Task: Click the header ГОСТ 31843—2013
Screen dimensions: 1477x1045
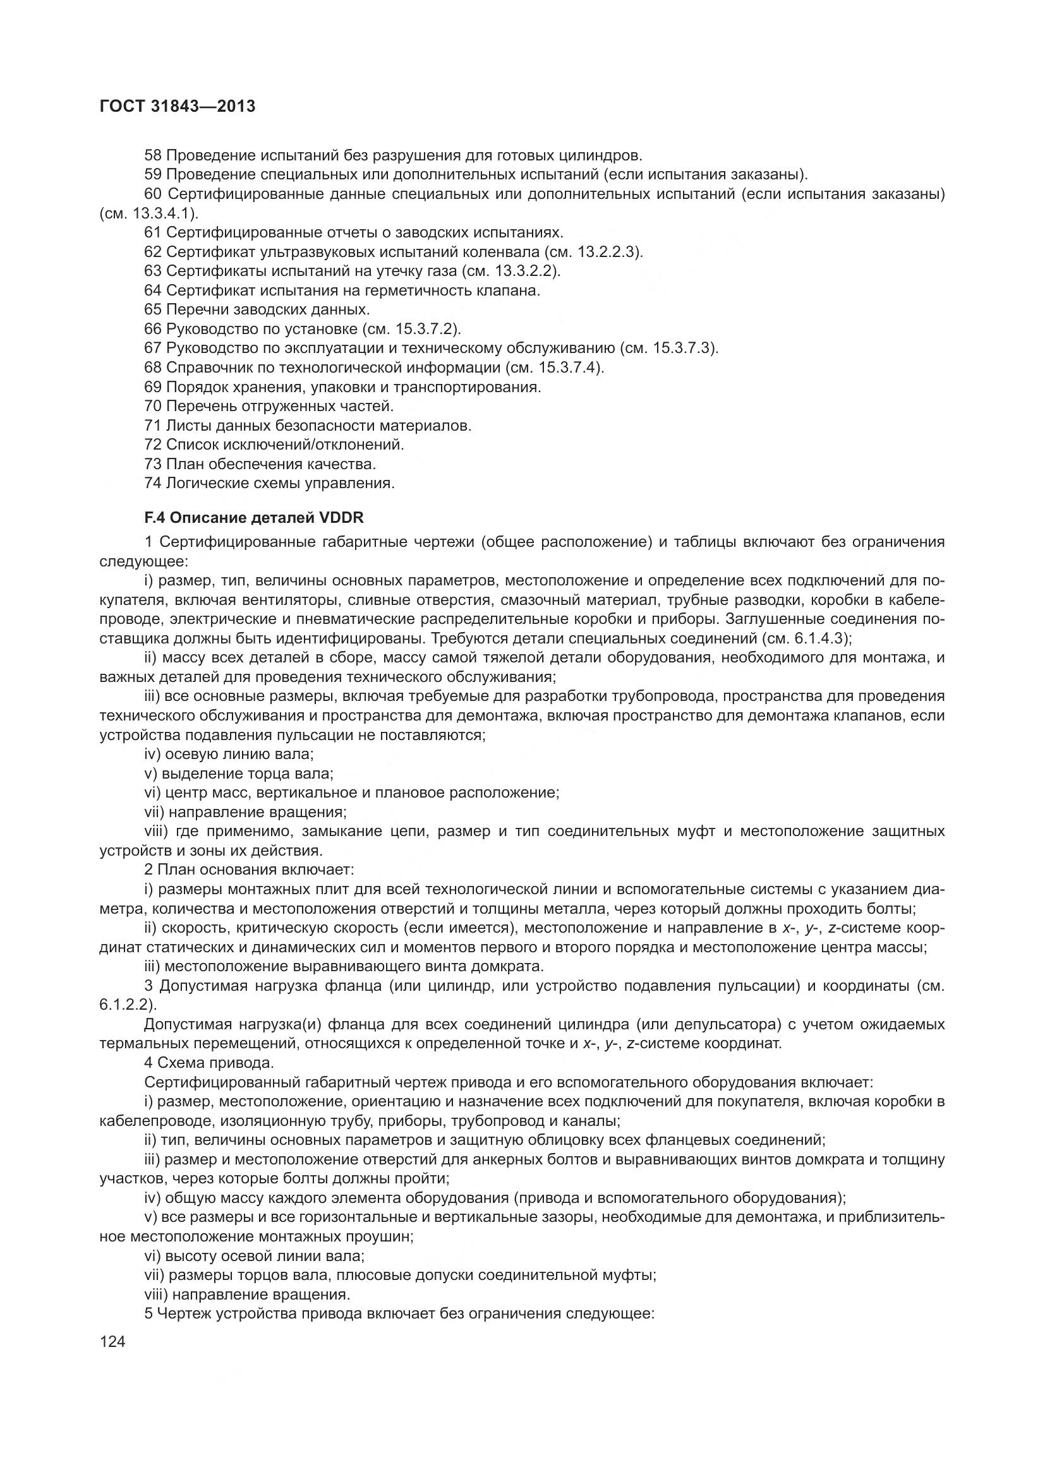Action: coord(178,106)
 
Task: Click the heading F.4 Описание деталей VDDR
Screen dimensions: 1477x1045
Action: coord(254,517)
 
